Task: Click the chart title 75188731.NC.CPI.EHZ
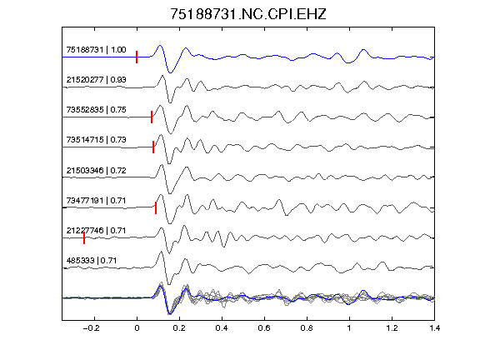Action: [x=248, y=14]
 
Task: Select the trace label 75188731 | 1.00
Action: [x=96, y=50]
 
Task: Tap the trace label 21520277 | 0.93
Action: [x=96, y=80]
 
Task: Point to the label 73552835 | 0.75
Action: [x=96, y=110]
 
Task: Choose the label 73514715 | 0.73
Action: [x=96, y=140]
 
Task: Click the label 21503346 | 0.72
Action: [x=96, y=170]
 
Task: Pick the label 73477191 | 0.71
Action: [x=96, y=201]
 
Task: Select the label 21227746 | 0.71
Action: [x=96, y=230]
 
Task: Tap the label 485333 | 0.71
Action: [x=92, y=261]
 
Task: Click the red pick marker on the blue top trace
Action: [x=137, y=57]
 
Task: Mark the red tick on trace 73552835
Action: [x=152, y=117]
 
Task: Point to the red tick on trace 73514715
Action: [x=153, y=147]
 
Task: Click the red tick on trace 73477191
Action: [x=156, y=207]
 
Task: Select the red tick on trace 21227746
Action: [x=84, y=237]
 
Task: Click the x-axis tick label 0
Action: [x=137, y=328]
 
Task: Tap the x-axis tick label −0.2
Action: [x=92, y=328]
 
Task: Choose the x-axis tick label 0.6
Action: [x=264, y=328]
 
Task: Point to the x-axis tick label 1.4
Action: [x=435, y=328]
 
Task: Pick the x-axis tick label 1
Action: [x=349, y=328]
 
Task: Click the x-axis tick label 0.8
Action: [x=307, y=328]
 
